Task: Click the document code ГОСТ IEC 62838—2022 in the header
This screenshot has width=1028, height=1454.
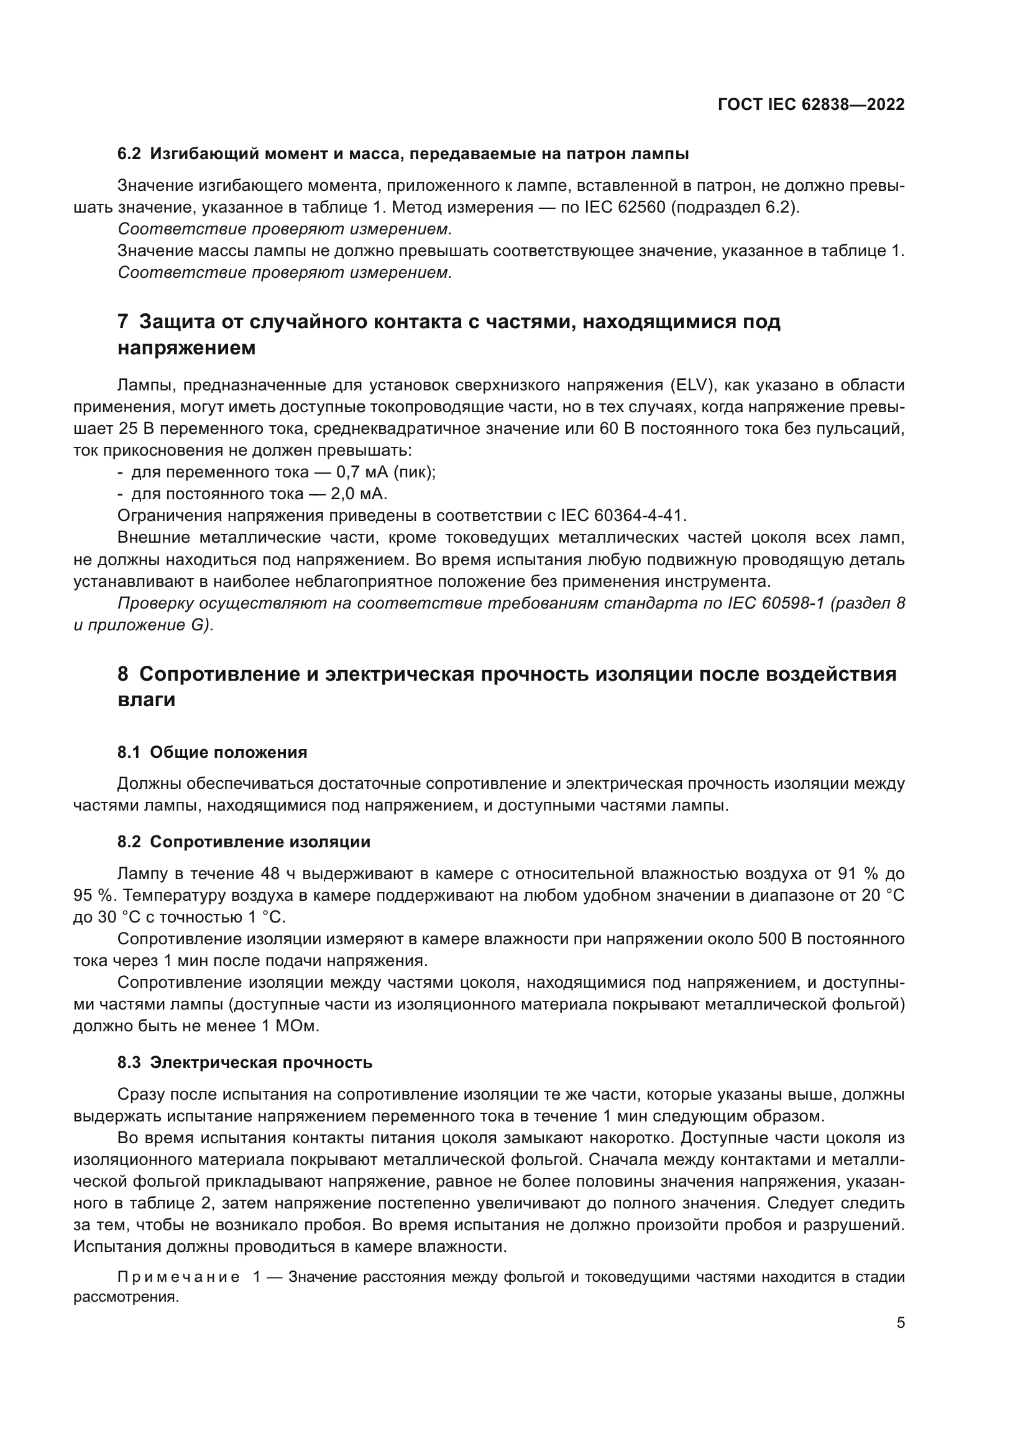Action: (x=811, y=105)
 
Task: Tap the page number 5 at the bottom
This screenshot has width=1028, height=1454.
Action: (x=901, y=1323)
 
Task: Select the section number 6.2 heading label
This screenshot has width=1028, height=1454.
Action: (x=129, y=154)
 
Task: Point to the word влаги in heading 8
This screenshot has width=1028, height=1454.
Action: (x=146, y=701)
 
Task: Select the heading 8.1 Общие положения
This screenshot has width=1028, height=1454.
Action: (x=212, y=752)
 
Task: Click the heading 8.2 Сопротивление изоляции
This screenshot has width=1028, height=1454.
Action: (x=244, y=842)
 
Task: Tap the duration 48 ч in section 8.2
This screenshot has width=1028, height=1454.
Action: (x=277, y=874)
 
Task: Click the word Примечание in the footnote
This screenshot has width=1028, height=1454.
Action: (x=178, y=1277)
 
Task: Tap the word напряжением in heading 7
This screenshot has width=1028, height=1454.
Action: (x=186, y=348)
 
